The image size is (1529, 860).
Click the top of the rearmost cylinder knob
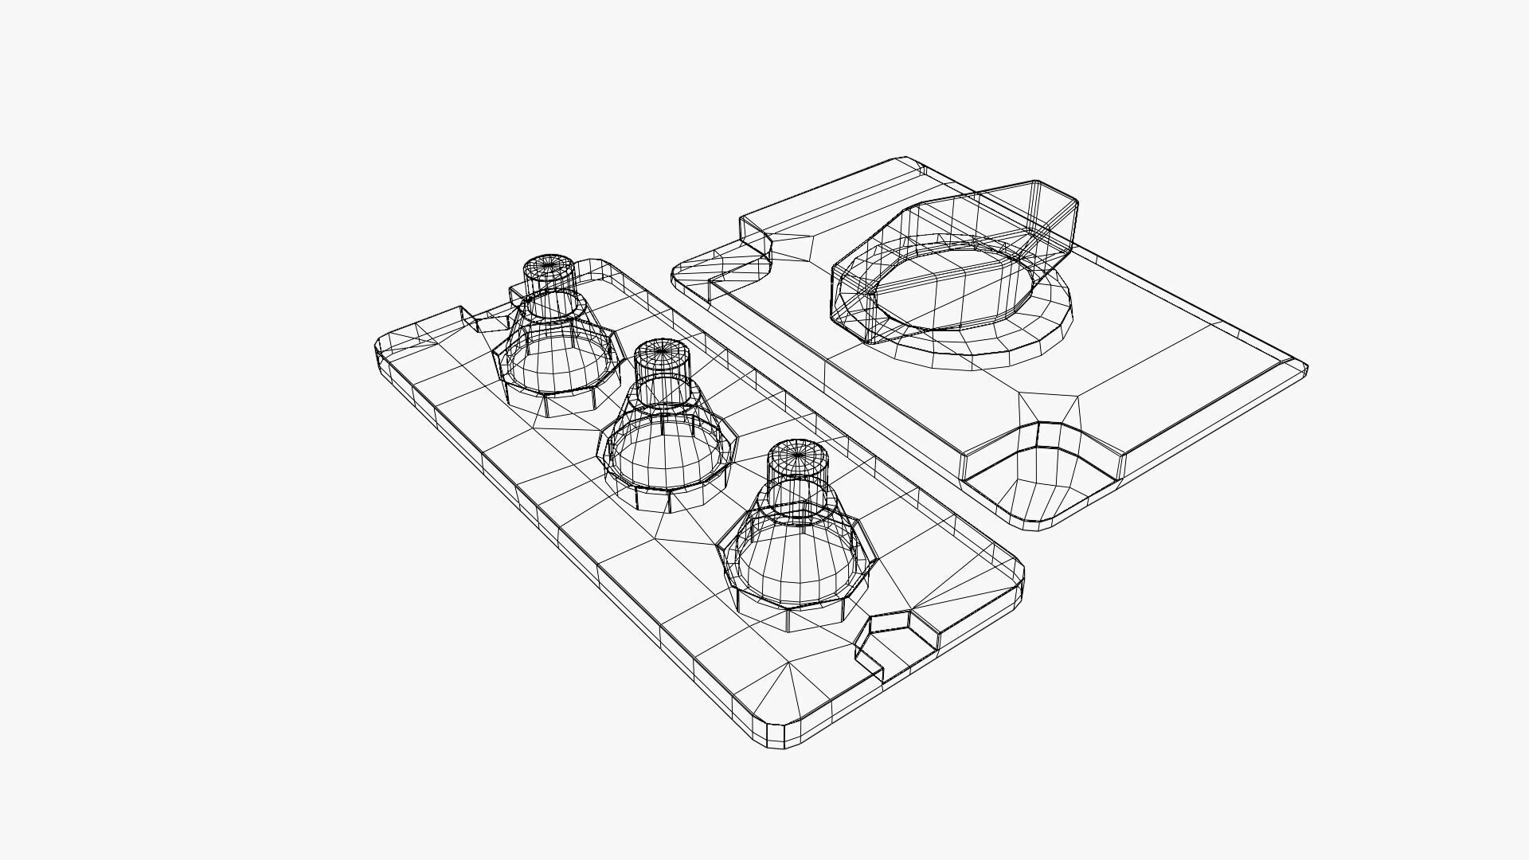[x=549, y=266]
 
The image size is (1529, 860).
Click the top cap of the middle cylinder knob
[x=661, y=350]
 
